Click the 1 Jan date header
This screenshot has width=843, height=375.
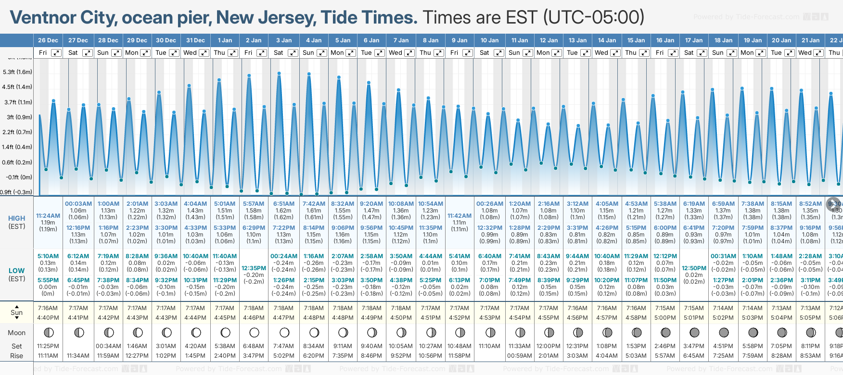(x=225, y=40)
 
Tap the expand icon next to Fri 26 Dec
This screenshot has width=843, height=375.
(x=56, y=53)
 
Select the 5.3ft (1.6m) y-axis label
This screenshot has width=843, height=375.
(x=17, y=72)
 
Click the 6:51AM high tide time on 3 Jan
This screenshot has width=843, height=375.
(x=283, y=204)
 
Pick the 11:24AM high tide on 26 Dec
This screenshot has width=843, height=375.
(x=48, y=216)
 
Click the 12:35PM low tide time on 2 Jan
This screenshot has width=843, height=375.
(x=254, y=268)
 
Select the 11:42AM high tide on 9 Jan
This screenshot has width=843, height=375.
(x=460, y=216)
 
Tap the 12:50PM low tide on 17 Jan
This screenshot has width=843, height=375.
(x=694, y=268)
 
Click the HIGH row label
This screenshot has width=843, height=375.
(x=17, y=218)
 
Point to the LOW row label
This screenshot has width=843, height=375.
(x=17, y=271)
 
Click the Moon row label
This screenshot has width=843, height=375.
(x=17, y=333)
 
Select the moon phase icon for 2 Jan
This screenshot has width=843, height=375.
(x=254, y=332)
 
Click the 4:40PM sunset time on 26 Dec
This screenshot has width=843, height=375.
(x=48, y=318)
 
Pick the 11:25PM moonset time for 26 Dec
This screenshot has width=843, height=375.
(x=48, y=346)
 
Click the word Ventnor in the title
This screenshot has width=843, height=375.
(x=43, y=18)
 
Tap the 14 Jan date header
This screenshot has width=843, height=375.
(x=607, y=40)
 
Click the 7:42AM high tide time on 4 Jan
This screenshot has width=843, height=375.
(x=314, y=204)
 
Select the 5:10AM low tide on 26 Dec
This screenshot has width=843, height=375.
(x=48, y=256)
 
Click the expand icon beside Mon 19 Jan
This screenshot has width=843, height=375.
(x=760, y=53)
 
